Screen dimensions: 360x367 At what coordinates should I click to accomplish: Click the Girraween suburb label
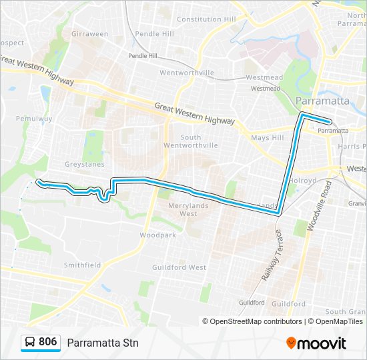(89, 33)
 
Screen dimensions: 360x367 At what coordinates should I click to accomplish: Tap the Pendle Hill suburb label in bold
(154, 33)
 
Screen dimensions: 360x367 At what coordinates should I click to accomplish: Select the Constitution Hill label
(206, 19)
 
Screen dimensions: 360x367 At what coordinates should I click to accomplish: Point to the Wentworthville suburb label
(187, 73)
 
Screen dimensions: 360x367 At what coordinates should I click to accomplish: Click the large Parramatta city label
(322, 101)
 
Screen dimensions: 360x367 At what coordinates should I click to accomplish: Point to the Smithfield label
(82, 265)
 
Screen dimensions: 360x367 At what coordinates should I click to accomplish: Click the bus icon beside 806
(30, 342)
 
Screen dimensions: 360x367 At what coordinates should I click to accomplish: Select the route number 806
(47, 342)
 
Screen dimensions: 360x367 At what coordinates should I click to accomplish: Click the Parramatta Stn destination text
(102, 343)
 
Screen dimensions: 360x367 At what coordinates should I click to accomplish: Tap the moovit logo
(316, 343)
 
